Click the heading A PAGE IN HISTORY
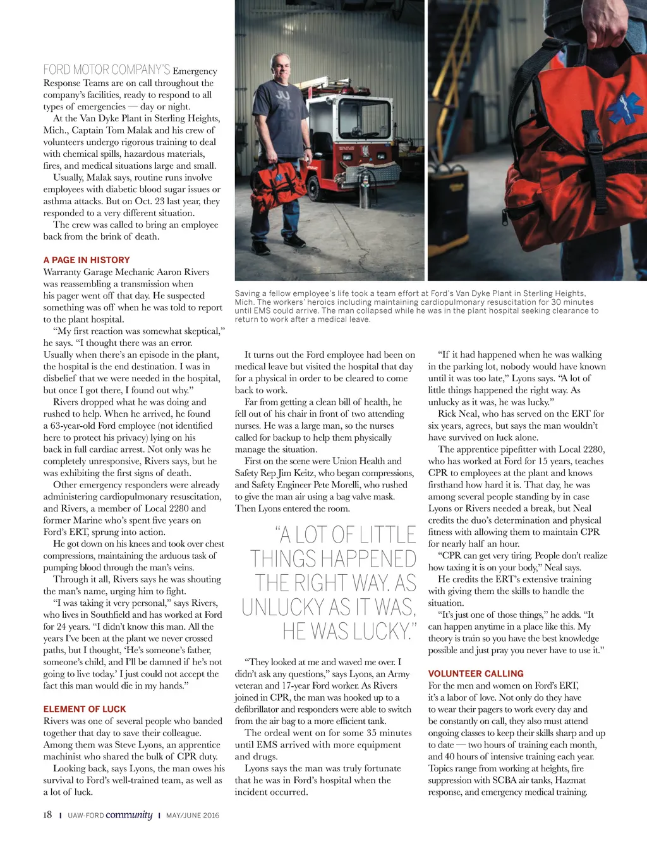pos(87,260)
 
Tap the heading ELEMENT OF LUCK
pos(85,709)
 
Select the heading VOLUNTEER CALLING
pos(476,674)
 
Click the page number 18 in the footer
pos(47,815)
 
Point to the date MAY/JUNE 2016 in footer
pos(193,816)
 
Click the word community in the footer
pos(129,814)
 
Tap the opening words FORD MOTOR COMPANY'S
pos(106,70)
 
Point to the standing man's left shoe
pos(294,240)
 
